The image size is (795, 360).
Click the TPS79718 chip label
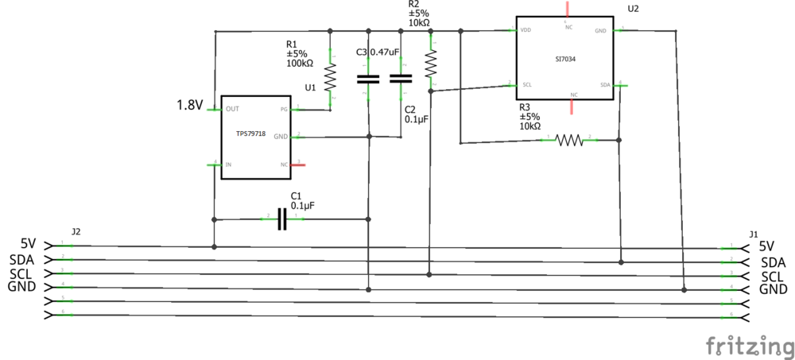coord(250,134)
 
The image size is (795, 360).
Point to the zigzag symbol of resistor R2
coord(430,62)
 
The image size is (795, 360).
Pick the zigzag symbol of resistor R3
coord(569,140)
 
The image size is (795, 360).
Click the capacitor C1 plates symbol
coord(281,219)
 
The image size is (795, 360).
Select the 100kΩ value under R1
coord(300,63)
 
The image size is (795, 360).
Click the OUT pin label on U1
coord(233,109)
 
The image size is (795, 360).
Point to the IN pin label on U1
coord(229,165)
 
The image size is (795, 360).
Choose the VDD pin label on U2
coord(525,31)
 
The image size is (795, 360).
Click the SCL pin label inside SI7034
coord(526,84)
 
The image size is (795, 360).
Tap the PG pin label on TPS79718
coord(284,109)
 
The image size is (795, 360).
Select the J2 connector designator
coord(76,232)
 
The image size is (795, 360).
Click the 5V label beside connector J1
coord(766,246)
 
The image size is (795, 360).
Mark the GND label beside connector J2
coord(23,287)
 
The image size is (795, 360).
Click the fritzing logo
coord(750,346)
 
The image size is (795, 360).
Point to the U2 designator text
coord(633,9)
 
